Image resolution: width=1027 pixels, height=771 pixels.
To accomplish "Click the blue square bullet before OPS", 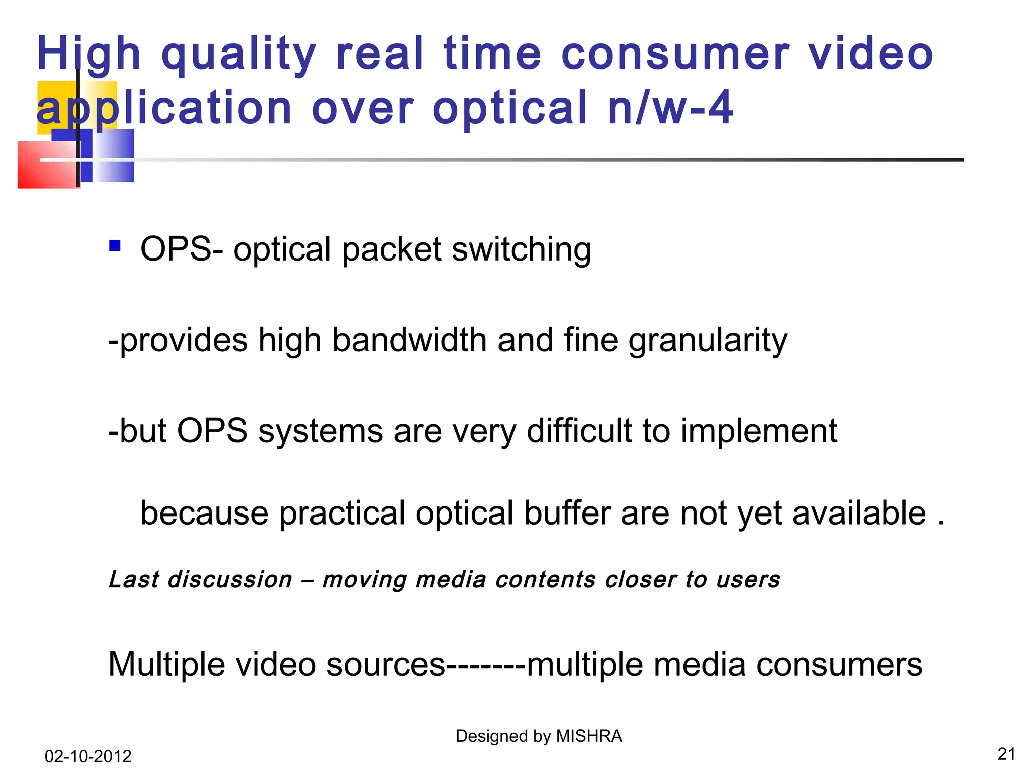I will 115,245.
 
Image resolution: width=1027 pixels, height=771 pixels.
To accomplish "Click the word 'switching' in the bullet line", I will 521,249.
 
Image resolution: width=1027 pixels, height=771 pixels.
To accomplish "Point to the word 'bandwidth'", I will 410,340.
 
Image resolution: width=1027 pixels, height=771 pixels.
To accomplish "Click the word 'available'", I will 859,513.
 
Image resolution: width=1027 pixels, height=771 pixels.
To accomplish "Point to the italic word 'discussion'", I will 230,580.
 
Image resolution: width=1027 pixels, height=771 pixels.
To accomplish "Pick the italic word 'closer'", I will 640,580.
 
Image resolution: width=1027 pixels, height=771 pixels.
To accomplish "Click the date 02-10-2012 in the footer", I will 88,756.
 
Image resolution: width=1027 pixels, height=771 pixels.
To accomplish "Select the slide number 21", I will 1006,754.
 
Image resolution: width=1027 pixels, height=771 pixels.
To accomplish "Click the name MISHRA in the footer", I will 589,736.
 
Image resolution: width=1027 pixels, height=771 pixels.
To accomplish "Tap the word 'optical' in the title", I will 510,108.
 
